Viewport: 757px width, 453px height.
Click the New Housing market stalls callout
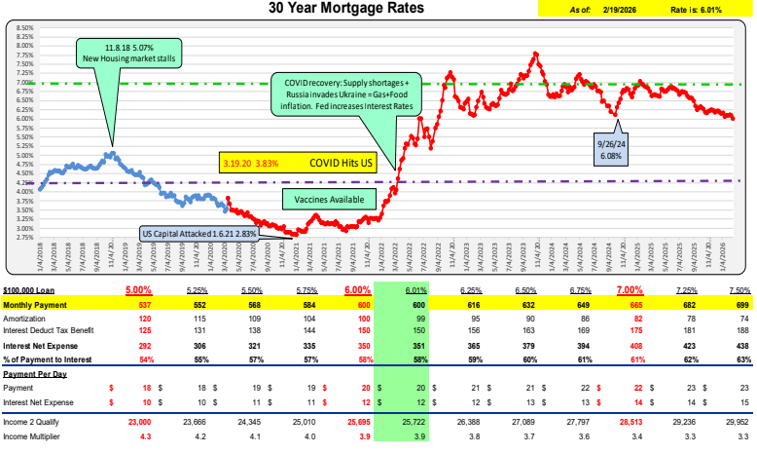115,52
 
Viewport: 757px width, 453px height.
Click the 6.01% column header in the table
416,290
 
